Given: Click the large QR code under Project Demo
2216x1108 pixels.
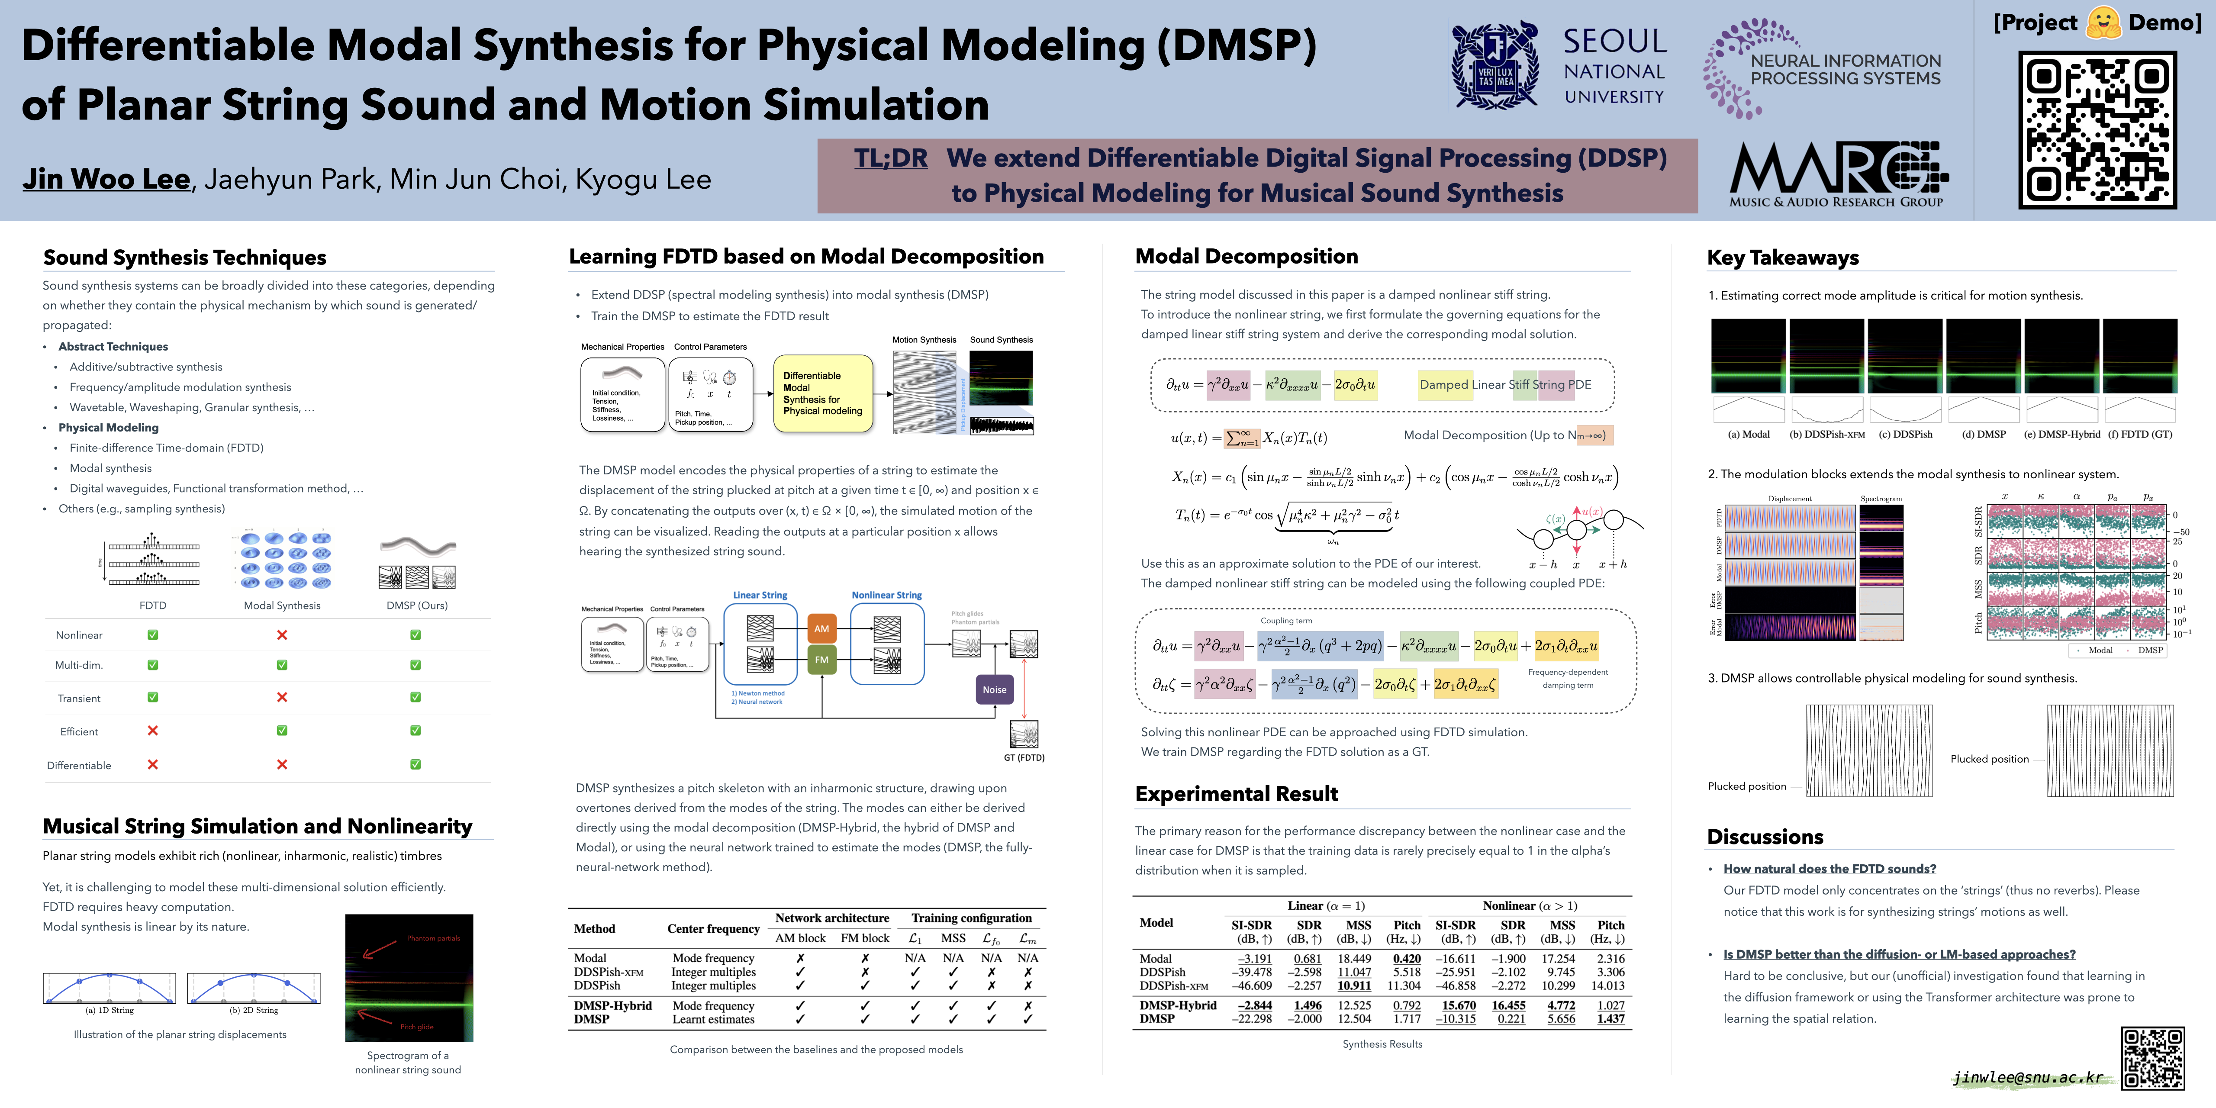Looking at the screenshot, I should click(x=2097, y=130).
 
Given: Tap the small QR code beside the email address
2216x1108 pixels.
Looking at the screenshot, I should click(x=2152, y=1058).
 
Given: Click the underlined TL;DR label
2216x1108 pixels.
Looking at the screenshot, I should click(x=890, y=158).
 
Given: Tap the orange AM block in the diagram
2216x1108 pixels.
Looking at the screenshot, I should click(x=821, y=629).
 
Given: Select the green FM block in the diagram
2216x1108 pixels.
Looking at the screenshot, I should click(x=821, y=660).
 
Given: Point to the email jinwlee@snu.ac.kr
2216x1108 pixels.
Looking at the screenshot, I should click(x=2028, y=1077).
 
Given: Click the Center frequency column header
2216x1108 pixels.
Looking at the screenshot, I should click(x=713, y=929).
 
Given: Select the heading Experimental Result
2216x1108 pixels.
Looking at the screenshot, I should click(x=1236, y=794).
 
